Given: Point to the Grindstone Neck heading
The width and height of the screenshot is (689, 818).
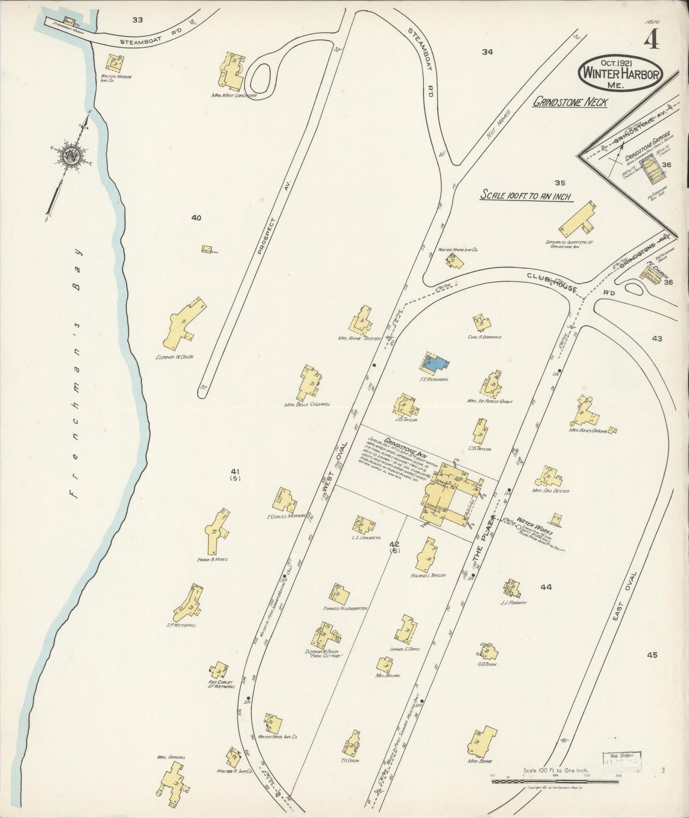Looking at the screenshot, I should point(569,102).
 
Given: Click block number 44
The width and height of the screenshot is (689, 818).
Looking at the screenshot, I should point(546,587).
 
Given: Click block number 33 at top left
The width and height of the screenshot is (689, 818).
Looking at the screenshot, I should point(138,20).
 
